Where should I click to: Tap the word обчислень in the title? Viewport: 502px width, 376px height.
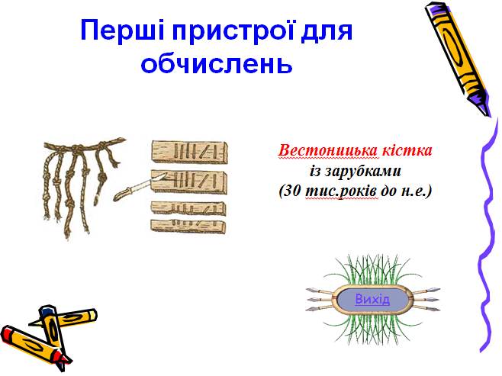[x=217, y=63]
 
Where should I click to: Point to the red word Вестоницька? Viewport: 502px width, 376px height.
[x=328, y=150]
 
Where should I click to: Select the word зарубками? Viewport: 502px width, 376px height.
[x=363, y=172]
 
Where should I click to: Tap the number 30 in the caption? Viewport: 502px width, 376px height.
[x=293, y=191]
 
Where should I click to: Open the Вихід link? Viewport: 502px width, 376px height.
[x=372, y=299]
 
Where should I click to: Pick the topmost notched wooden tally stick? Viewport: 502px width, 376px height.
[x=189, y=152]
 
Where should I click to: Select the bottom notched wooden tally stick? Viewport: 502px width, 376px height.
[x=188, y=227]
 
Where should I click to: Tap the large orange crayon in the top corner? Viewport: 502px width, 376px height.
[x=458, y=58]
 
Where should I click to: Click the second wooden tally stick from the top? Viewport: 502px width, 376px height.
[x=189, y=182]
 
